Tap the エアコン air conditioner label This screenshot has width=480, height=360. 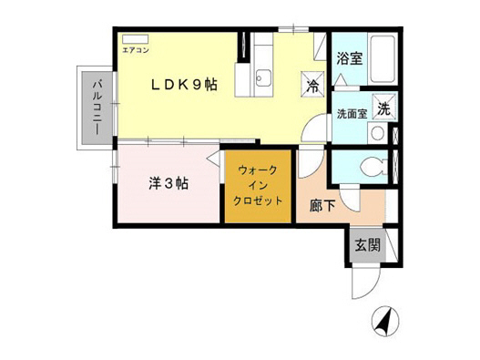[134, 40]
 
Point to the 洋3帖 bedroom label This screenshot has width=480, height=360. [169, 182]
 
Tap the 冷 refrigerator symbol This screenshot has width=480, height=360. [312, 87]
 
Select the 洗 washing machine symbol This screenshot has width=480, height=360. [383, 108]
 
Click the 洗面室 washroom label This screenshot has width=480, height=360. [352, 115]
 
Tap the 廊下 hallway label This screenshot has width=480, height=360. [322, 205]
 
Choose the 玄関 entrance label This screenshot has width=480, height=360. [368, 245]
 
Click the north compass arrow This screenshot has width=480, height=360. [383, 321]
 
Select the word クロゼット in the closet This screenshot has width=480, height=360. [260, 201]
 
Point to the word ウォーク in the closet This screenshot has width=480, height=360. [260, 170]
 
